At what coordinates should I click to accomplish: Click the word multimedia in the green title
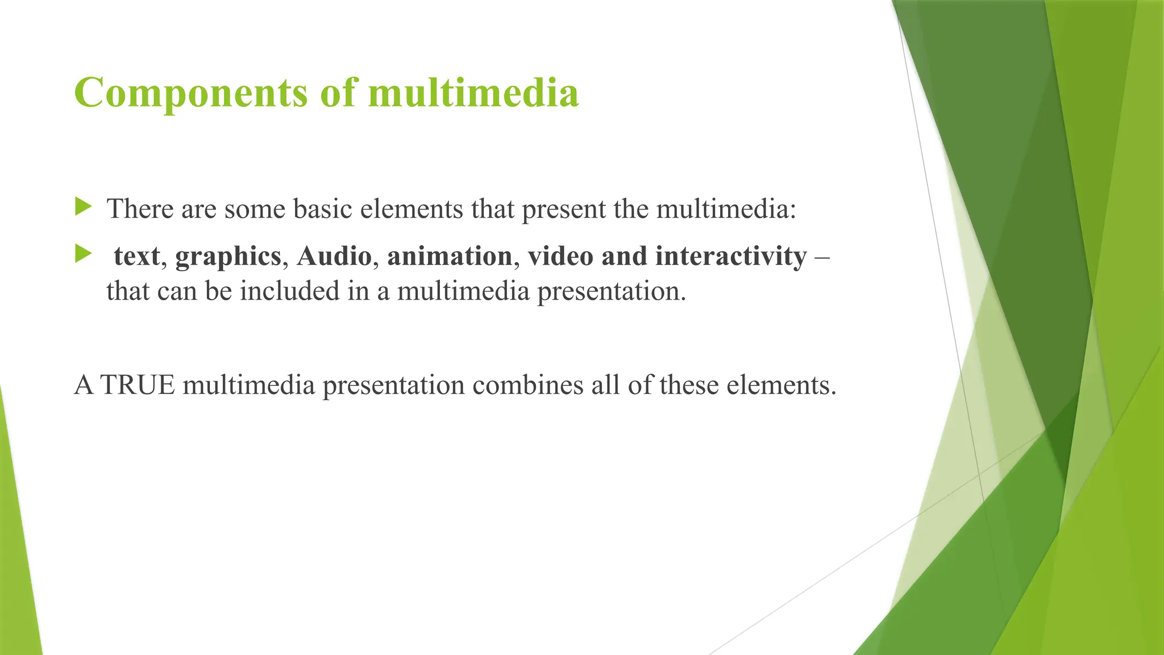click(x=473, y=93)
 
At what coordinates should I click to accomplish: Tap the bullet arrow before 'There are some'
click(x=83, y=207)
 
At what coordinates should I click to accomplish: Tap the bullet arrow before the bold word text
click(x=83, y=254)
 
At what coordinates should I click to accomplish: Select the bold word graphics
click(x=228, y=257)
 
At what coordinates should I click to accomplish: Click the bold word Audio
click(x=334, y=256)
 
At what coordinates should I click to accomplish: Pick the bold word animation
click(x=450, y=256)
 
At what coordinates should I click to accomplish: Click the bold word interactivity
click(x=731, y=256)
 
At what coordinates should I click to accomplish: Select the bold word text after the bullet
click(x=136, y=256)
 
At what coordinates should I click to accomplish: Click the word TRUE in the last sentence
click(x=137, y=385)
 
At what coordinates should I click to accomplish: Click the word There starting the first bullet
click(x=140, y=209)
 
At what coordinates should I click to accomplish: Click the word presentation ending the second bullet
click(x=612, y=292)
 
